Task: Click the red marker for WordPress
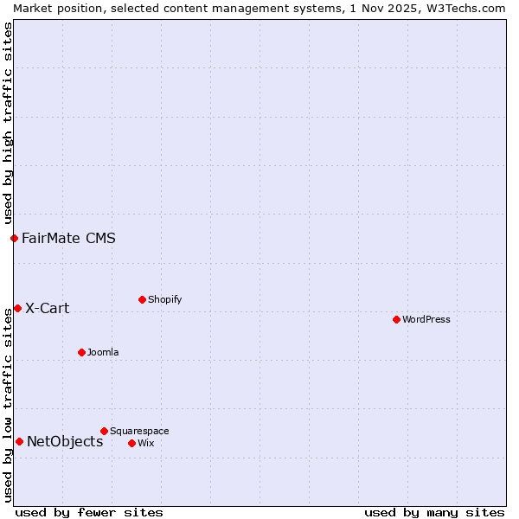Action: (396, 319)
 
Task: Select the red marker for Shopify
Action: (142, 299)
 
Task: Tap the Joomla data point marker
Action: (81, 352)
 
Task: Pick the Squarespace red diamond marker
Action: (104, 431)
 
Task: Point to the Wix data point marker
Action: (131, 443)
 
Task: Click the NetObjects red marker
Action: (19, 441)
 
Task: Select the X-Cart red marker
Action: (17, 308)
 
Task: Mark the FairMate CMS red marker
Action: (14, 238)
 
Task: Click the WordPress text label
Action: (426, 319)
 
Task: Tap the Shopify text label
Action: (165, 299)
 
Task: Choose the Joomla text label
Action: (103, 352)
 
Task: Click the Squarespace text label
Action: (139, 431)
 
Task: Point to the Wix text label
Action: (146, 443)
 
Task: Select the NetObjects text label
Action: (65, 441)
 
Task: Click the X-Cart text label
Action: (48, 308)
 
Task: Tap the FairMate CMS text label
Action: (68, 238)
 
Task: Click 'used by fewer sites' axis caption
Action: (89, 512)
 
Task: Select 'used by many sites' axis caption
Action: (434, 512)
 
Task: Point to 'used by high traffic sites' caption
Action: (8, 123)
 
